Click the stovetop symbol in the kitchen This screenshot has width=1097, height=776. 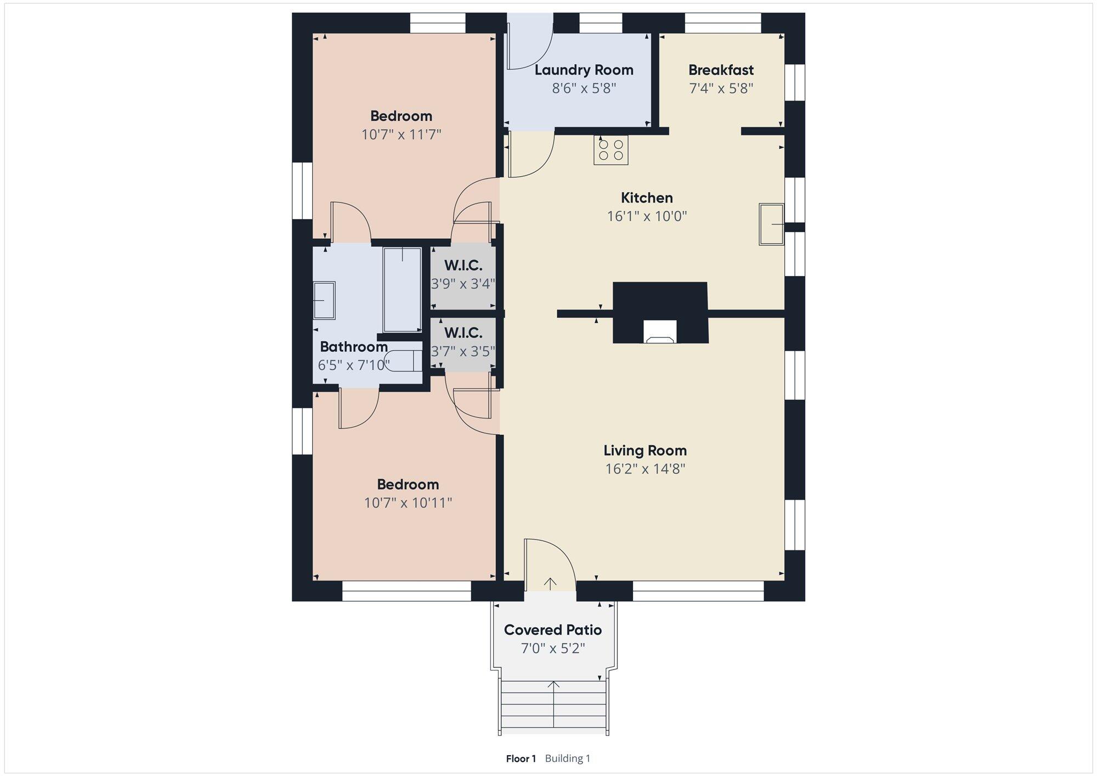(x=610, y=150)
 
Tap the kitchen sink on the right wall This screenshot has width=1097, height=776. (x=771, y=224)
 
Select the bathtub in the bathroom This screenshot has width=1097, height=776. (x=402, y=290)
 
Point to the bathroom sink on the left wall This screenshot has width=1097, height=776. (x=324, y=300)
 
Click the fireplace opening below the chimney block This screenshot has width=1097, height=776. (x=660, y=333)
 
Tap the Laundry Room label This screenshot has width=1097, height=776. (x=584, y=70)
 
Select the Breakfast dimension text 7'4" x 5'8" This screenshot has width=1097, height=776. (x=721, y=88)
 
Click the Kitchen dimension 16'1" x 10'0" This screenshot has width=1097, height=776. (x=647, y=216)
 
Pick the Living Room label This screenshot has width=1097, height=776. (x=645, y=451)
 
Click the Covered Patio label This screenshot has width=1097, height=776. (x=553, y=630)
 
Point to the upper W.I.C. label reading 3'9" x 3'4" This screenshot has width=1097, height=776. (x=463, y=284)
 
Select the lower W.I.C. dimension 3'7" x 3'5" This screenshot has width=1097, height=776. (x=463, y=351)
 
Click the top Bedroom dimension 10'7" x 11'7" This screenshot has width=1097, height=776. (x=401, y=134)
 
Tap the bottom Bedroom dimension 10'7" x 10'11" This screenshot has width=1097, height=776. (x=408, y=503)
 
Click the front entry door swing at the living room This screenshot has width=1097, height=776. (x=548, y=565)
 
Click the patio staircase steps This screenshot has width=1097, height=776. (x=554, y=708)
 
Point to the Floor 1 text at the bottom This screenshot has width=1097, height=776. (x=521, y=758)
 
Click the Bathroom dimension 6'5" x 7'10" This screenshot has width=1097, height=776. (x=354, y=365)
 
